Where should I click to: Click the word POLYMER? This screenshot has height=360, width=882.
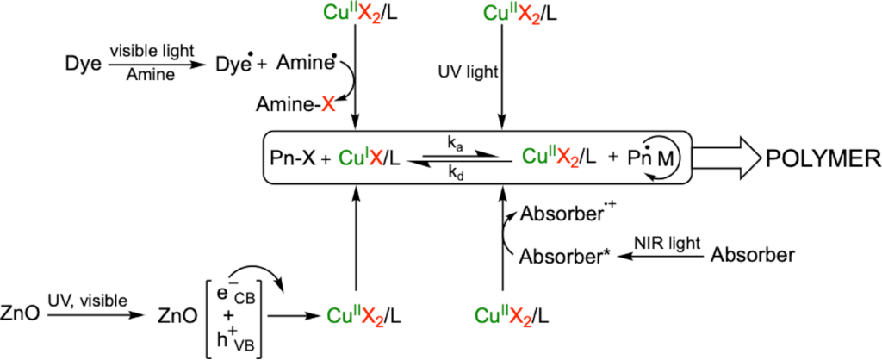point(818,158)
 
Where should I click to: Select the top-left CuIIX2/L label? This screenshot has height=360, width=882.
point(355,14)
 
